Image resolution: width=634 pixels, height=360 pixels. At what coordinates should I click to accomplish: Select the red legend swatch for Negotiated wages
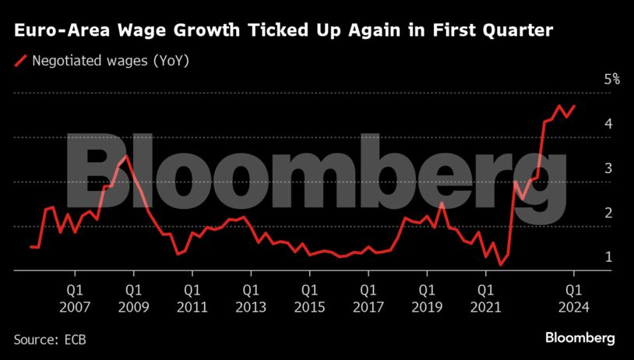[x=21, y=59]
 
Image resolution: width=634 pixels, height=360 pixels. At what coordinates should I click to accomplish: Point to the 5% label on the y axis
[x=611, y=79]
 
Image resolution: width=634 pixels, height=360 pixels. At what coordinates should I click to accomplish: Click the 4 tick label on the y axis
[x=608, y=124]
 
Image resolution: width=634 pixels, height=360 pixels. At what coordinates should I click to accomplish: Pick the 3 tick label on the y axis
[x=608, y=168]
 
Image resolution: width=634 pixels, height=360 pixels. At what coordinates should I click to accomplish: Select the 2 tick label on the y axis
[x=608, y=213]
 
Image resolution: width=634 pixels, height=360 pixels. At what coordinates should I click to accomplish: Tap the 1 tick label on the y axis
[x=608, y=257]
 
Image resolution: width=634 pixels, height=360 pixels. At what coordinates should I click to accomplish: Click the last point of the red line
[x=575, y=106]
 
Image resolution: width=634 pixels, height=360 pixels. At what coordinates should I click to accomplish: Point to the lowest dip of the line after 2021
[x=501, y=265]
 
